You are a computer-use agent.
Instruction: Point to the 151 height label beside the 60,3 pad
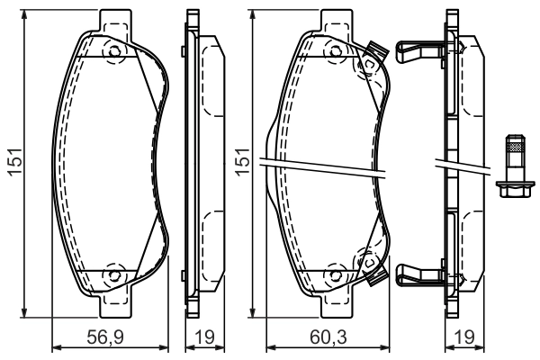coord(240,163)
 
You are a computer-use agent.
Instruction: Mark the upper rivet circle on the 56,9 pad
coord(114,52)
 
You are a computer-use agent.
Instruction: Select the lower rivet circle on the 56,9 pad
coord(114,274)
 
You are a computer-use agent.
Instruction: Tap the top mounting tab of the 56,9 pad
coord(114,19)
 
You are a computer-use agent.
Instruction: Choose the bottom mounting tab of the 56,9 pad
coord(114,309)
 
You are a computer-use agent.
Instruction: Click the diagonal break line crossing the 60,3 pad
coord(324,166)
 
